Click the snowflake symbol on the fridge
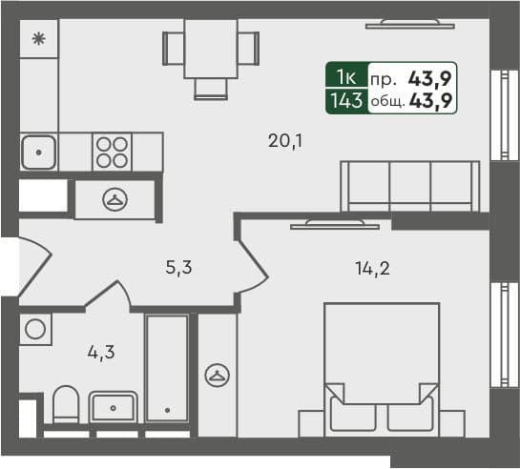[39, 39]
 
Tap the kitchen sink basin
[38, 151]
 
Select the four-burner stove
[111, 151]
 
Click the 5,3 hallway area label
[178, 268]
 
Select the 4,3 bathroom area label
[100, 351]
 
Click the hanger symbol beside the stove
[116, 199]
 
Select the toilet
[66, 408]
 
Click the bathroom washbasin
[114, 408]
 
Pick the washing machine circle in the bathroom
[35, 330]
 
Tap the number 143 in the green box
[344, 99]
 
